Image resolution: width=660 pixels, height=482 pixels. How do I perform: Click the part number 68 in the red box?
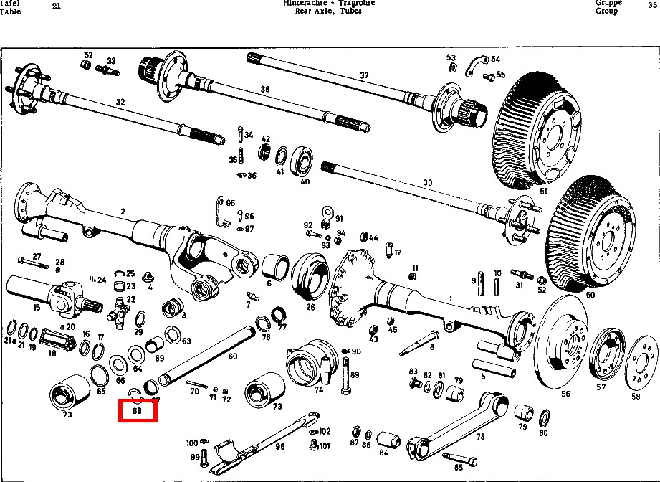pyautogui.click(x=138, y=412)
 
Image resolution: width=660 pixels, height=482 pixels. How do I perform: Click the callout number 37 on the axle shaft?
pyautogui.click(x=364, y=75)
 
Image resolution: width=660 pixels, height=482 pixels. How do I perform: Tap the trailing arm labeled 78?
pyautogui.click(x=459, y=423)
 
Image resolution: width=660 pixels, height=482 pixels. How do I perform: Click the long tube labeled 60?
pyautogui.click(x=208, y=351)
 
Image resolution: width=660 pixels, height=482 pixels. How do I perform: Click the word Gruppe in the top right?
pyautogui.click(x=608, y=3)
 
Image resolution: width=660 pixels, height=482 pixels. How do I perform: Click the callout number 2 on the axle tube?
pyautogui.click(x=123, y=211)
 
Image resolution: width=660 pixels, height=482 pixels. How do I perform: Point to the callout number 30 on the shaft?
pyautogui.click(x=427, y=183)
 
